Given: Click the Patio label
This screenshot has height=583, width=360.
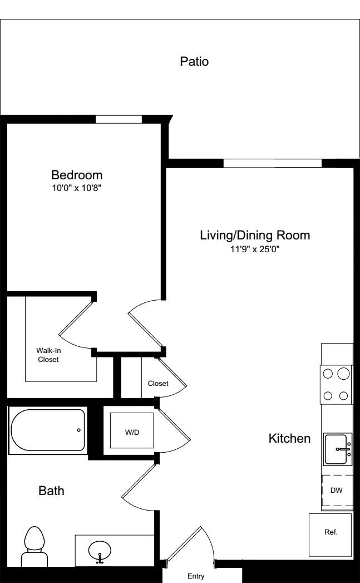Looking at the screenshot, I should [194, 61].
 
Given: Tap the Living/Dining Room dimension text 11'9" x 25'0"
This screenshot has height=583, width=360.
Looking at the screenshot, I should [254, 249].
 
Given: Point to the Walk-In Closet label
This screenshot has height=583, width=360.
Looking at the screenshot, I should [48, 355].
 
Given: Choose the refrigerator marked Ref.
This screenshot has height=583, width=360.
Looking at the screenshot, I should [331, 532].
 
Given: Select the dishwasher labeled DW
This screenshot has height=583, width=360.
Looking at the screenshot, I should [337, 490].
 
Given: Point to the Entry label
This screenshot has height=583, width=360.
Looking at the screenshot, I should [195, 576].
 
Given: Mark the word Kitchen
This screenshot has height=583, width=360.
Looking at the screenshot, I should [289, 439].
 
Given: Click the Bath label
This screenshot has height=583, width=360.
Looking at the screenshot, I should [51, 491].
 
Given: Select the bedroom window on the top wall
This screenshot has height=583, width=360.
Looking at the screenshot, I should [119, 119].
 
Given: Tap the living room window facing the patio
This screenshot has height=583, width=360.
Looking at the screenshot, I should [272, 163].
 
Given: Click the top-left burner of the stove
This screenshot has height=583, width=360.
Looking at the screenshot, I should [328, 374].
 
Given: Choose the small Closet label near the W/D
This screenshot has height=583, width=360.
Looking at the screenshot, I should [158, 384].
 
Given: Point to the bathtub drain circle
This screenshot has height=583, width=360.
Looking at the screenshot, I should [78, 430].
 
